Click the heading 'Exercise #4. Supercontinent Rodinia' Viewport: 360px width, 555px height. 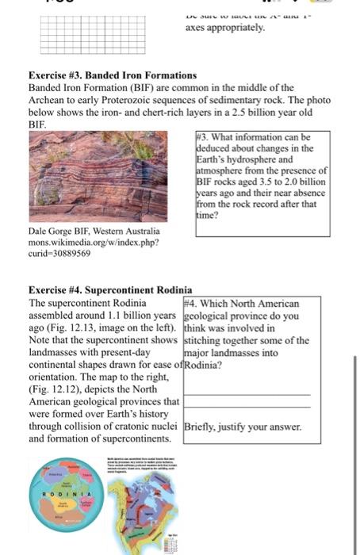110,290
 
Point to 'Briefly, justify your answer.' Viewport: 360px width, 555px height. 242,427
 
